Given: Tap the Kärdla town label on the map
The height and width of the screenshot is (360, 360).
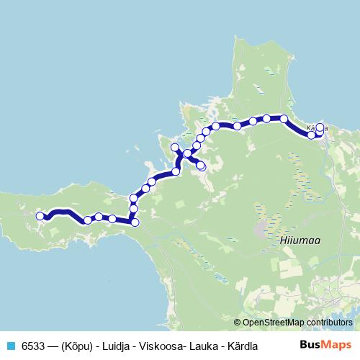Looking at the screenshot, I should tap(317, 129).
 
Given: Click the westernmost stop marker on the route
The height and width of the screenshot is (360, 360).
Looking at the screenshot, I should tap(40, 215).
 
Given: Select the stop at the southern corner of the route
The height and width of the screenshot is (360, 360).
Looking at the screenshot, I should tap(135, 222).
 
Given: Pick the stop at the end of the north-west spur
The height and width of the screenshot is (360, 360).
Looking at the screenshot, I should tap(174, 148).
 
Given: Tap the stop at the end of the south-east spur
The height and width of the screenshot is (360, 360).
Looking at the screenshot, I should tap(202, 166).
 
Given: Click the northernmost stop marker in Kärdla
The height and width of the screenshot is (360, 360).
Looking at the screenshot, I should tap(320, 127).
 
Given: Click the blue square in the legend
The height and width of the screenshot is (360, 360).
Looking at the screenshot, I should tap(9, 345).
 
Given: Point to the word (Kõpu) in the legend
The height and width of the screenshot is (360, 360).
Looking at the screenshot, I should tap(77, 345).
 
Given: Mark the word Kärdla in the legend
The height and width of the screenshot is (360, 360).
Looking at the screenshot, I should tap(243, 345).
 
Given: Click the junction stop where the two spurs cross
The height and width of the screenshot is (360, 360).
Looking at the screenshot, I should tap(187, 153).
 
